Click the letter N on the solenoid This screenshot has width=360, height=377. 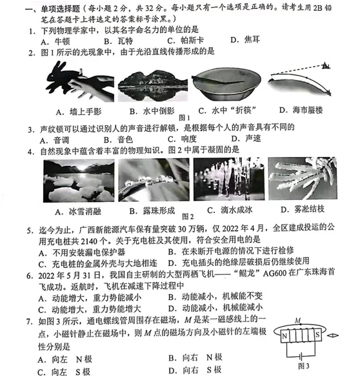[284, 336]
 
